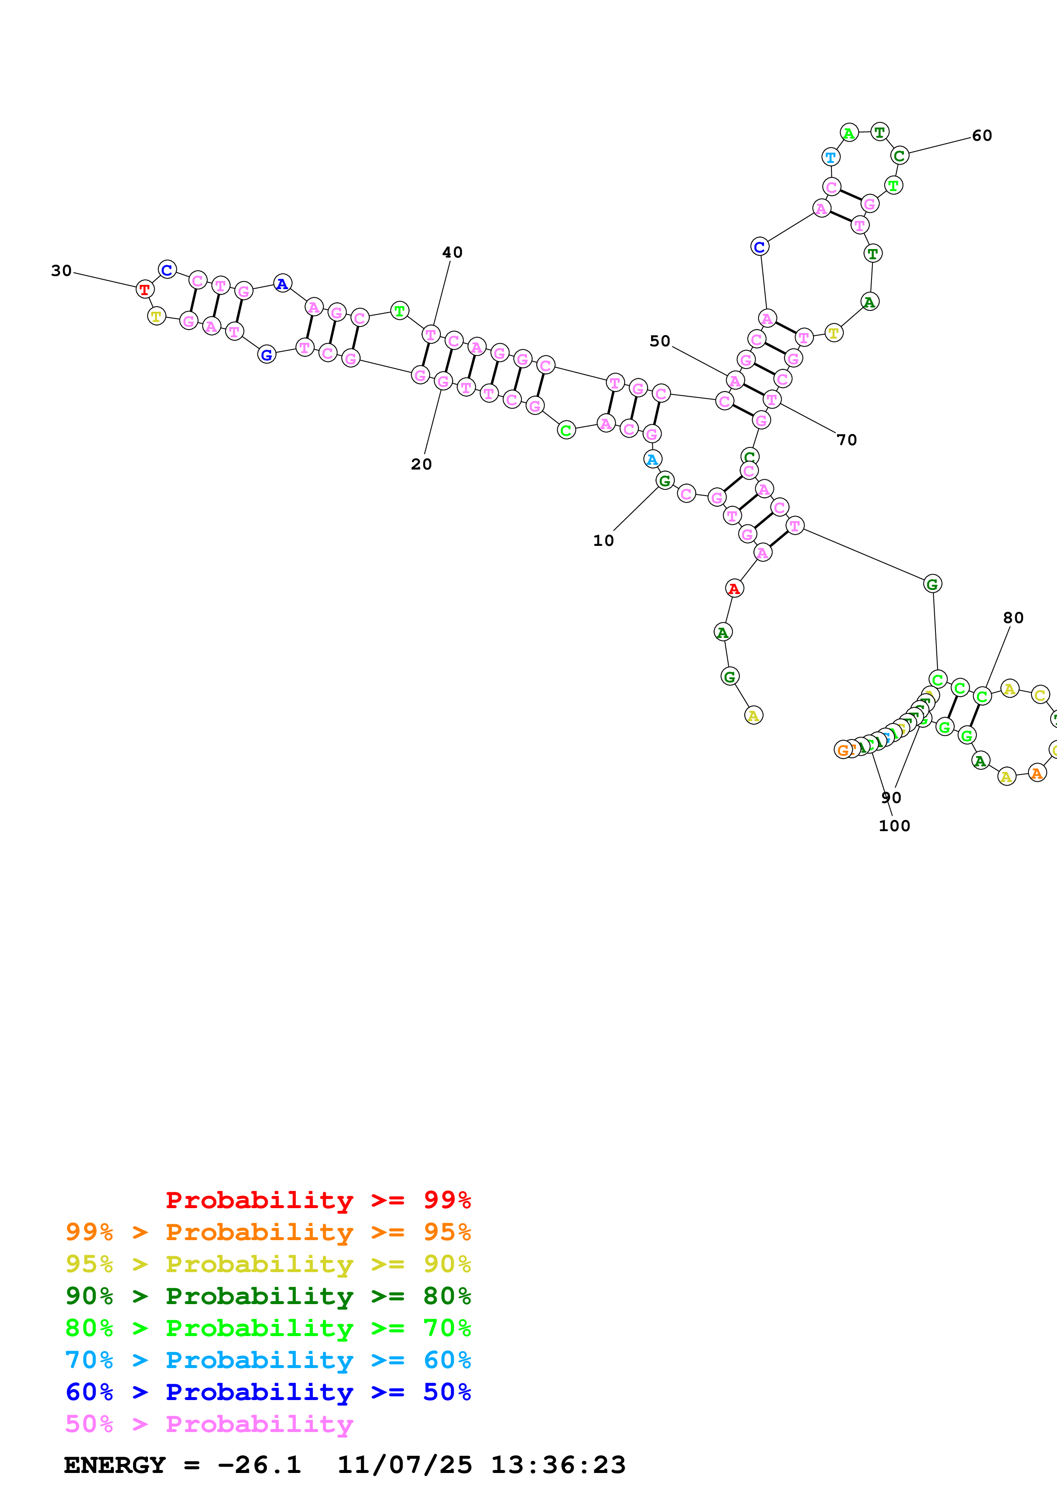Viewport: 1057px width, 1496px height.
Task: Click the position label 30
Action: pyautogui.click(x=61, y=270)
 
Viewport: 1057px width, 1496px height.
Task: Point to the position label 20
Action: pyautogui.click(x=421, y=464)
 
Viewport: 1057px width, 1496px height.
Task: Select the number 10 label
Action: pyautogui.click(x=603, y=540)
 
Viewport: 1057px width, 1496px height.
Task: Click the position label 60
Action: pyautogui.click(x=982, y=136)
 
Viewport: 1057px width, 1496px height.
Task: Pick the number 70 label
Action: pyautogui.click(x=847, y=440)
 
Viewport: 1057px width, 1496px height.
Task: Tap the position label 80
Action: pyautogui.click(x=1013, y=618)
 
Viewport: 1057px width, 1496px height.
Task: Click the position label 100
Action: pyautogui.click(x=894, y=826)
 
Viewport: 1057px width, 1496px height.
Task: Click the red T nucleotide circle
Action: pyautogui.click(x=145, y=289)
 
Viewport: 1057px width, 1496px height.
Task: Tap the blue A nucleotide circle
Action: pyautogui.click(x=282, y=284)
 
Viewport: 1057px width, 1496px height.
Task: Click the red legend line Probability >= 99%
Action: pyautogui.click(x=318, y=1200)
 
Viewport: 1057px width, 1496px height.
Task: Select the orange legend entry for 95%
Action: pyautogui.click(x=268, y=1232)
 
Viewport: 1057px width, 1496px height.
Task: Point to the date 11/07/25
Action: pyautogui.click(x=404, y=1465)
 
